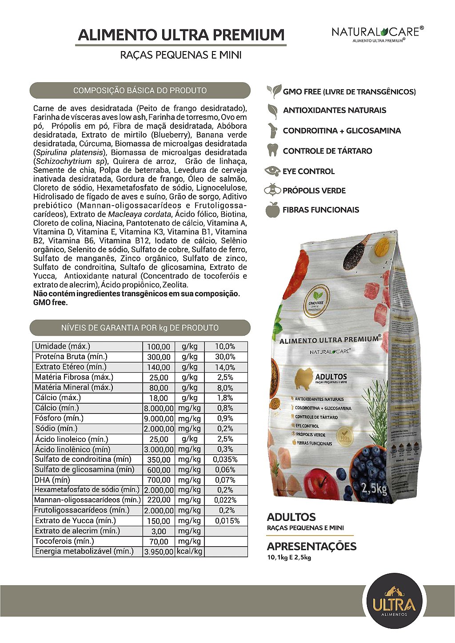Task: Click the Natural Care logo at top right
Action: [x=377, y=34]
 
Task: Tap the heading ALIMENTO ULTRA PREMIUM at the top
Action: [x=181, y=35]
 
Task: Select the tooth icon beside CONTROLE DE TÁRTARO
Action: [x=272, y=150]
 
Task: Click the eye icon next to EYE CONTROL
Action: [x=272, y=171]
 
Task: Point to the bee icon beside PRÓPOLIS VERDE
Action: [x=272, y=190]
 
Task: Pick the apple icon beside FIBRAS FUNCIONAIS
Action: [x=272, y=210]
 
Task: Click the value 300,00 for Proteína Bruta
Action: [x=159, y=357]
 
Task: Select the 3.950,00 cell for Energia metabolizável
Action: [x=159, y=552]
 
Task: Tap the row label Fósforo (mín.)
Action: [x=59, y=418]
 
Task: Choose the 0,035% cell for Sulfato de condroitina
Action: [x=226, y=460]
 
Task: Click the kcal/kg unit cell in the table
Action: [x=189, y=552]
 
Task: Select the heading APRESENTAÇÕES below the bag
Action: [x=311, y=546]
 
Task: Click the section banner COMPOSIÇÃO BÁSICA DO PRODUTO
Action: [x=140, y=91]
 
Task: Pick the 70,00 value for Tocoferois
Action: [x=159, y=542]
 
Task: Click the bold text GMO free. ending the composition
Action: [x=51, y=303]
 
